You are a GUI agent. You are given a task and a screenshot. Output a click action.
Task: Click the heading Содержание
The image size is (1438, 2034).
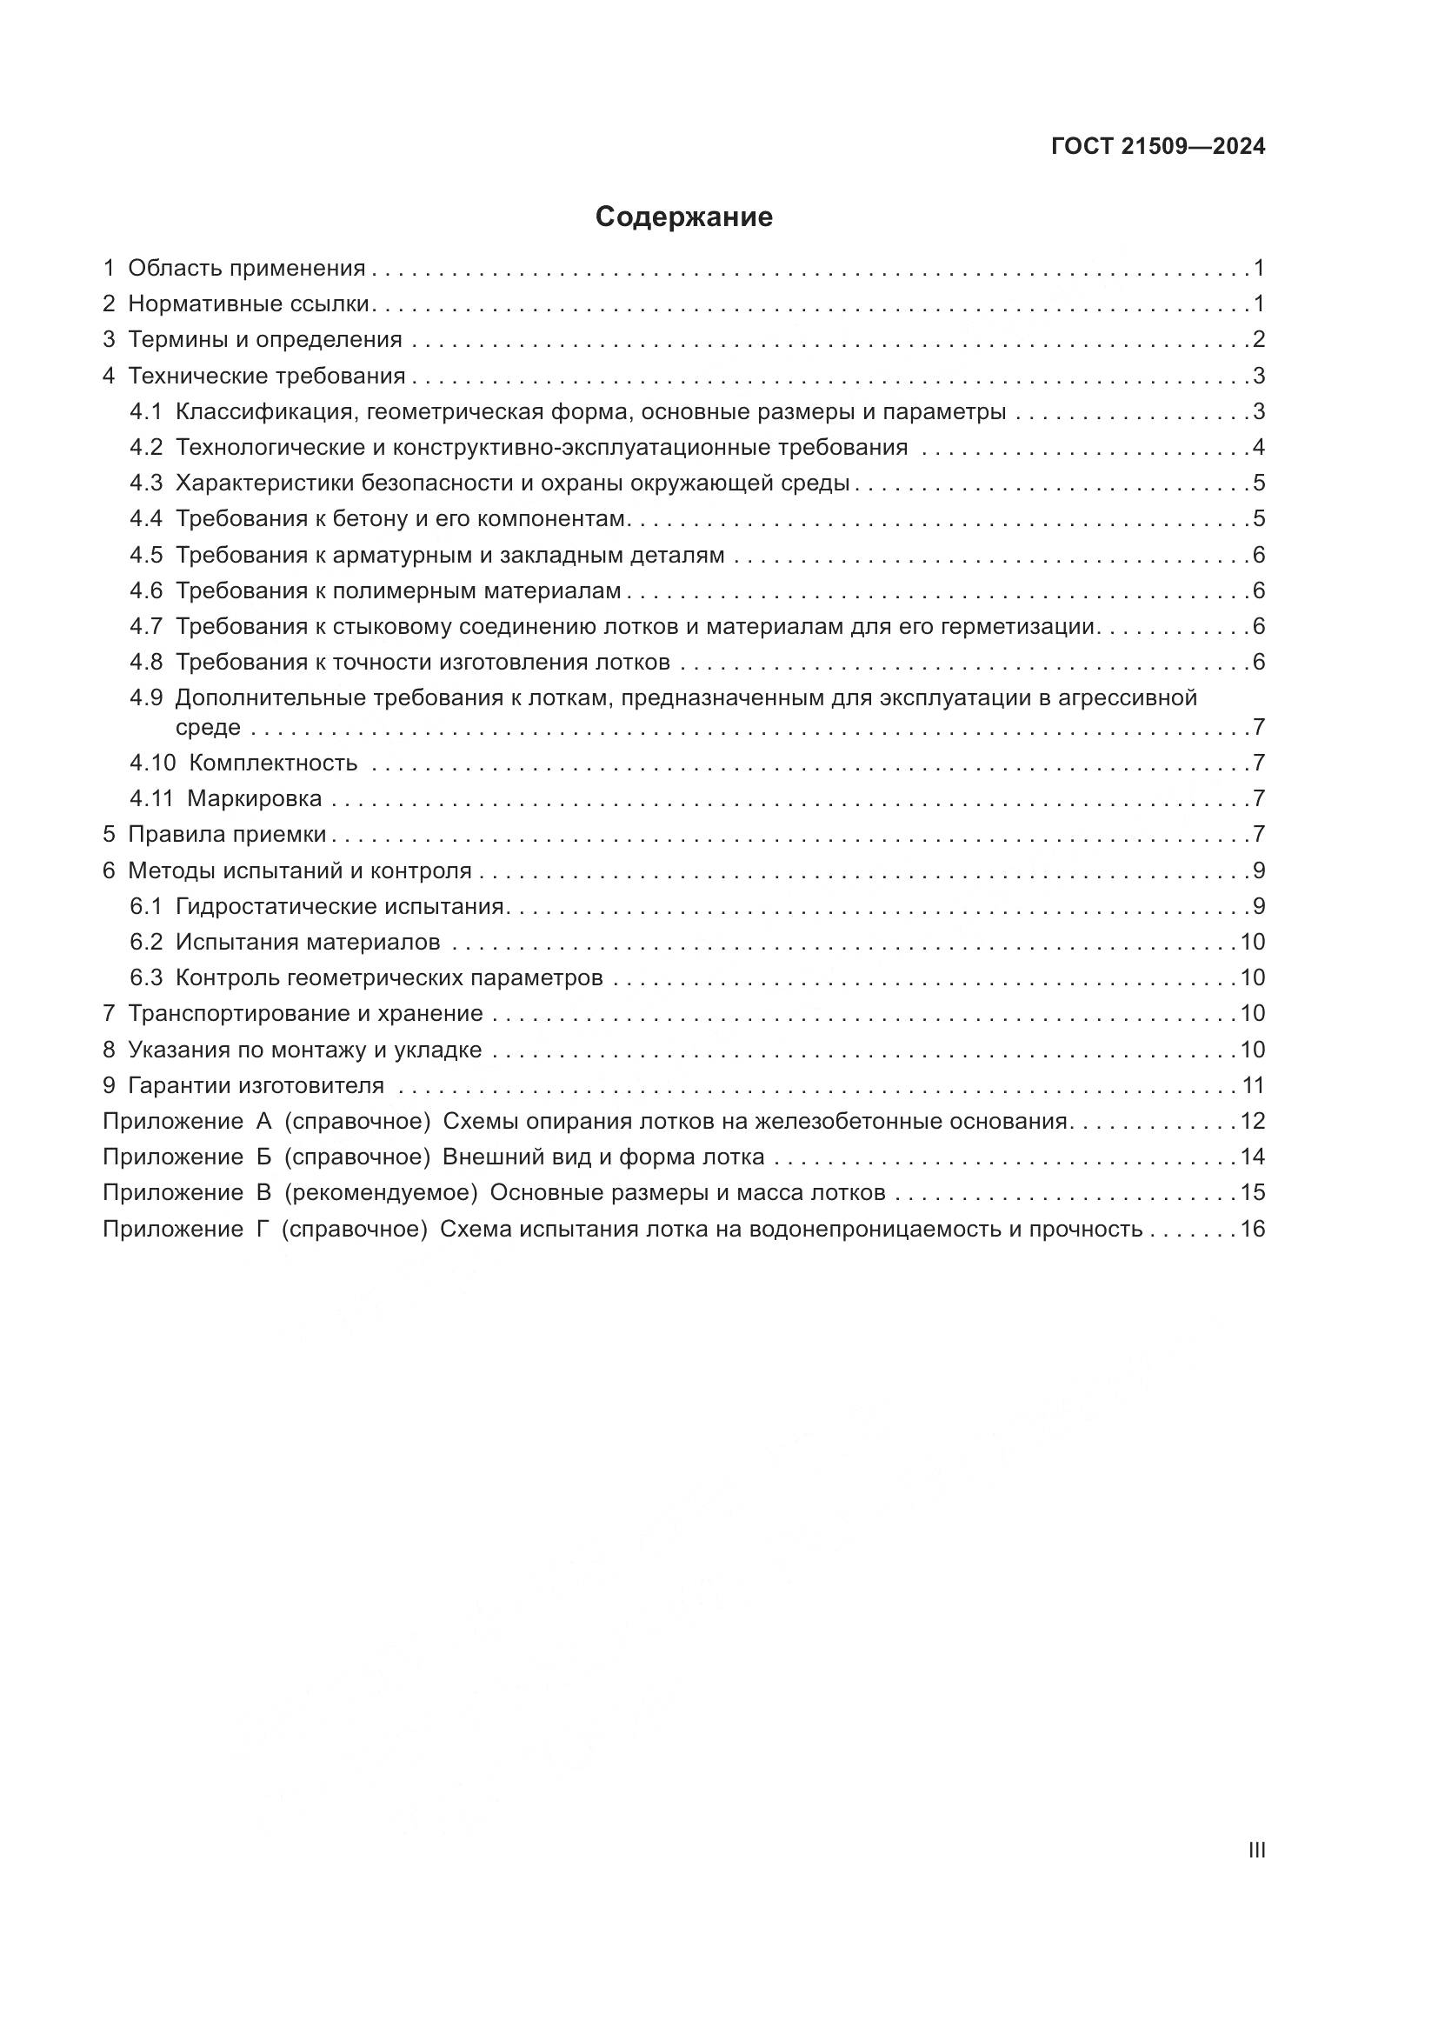(683, 217)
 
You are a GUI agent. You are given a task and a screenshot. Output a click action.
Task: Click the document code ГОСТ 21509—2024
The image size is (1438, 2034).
(1158, 147)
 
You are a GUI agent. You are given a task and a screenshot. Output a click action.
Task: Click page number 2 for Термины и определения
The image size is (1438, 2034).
(1258, 339)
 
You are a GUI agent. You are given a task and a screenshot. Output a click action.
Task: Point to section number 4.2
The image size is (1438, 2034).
(146, 447)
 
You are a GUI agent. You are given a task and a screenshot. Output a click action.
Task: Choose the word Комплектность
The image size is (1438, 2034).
(273, 763)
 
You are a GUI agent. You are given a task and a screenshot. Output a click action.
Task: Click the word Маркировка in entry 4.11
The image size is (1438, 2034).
(254, 799)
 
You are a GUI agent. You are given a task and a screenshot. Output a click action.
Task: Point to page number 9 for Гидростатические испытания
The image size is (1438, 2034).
(1258, 906)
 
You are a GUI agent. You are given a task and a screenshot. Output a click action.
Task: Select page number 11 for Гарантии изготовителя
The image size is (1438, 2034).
(1253, 1085)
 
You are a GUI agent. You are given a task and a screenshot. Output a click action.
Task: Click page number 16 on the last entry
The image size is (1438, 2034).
(1252, 1229)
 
